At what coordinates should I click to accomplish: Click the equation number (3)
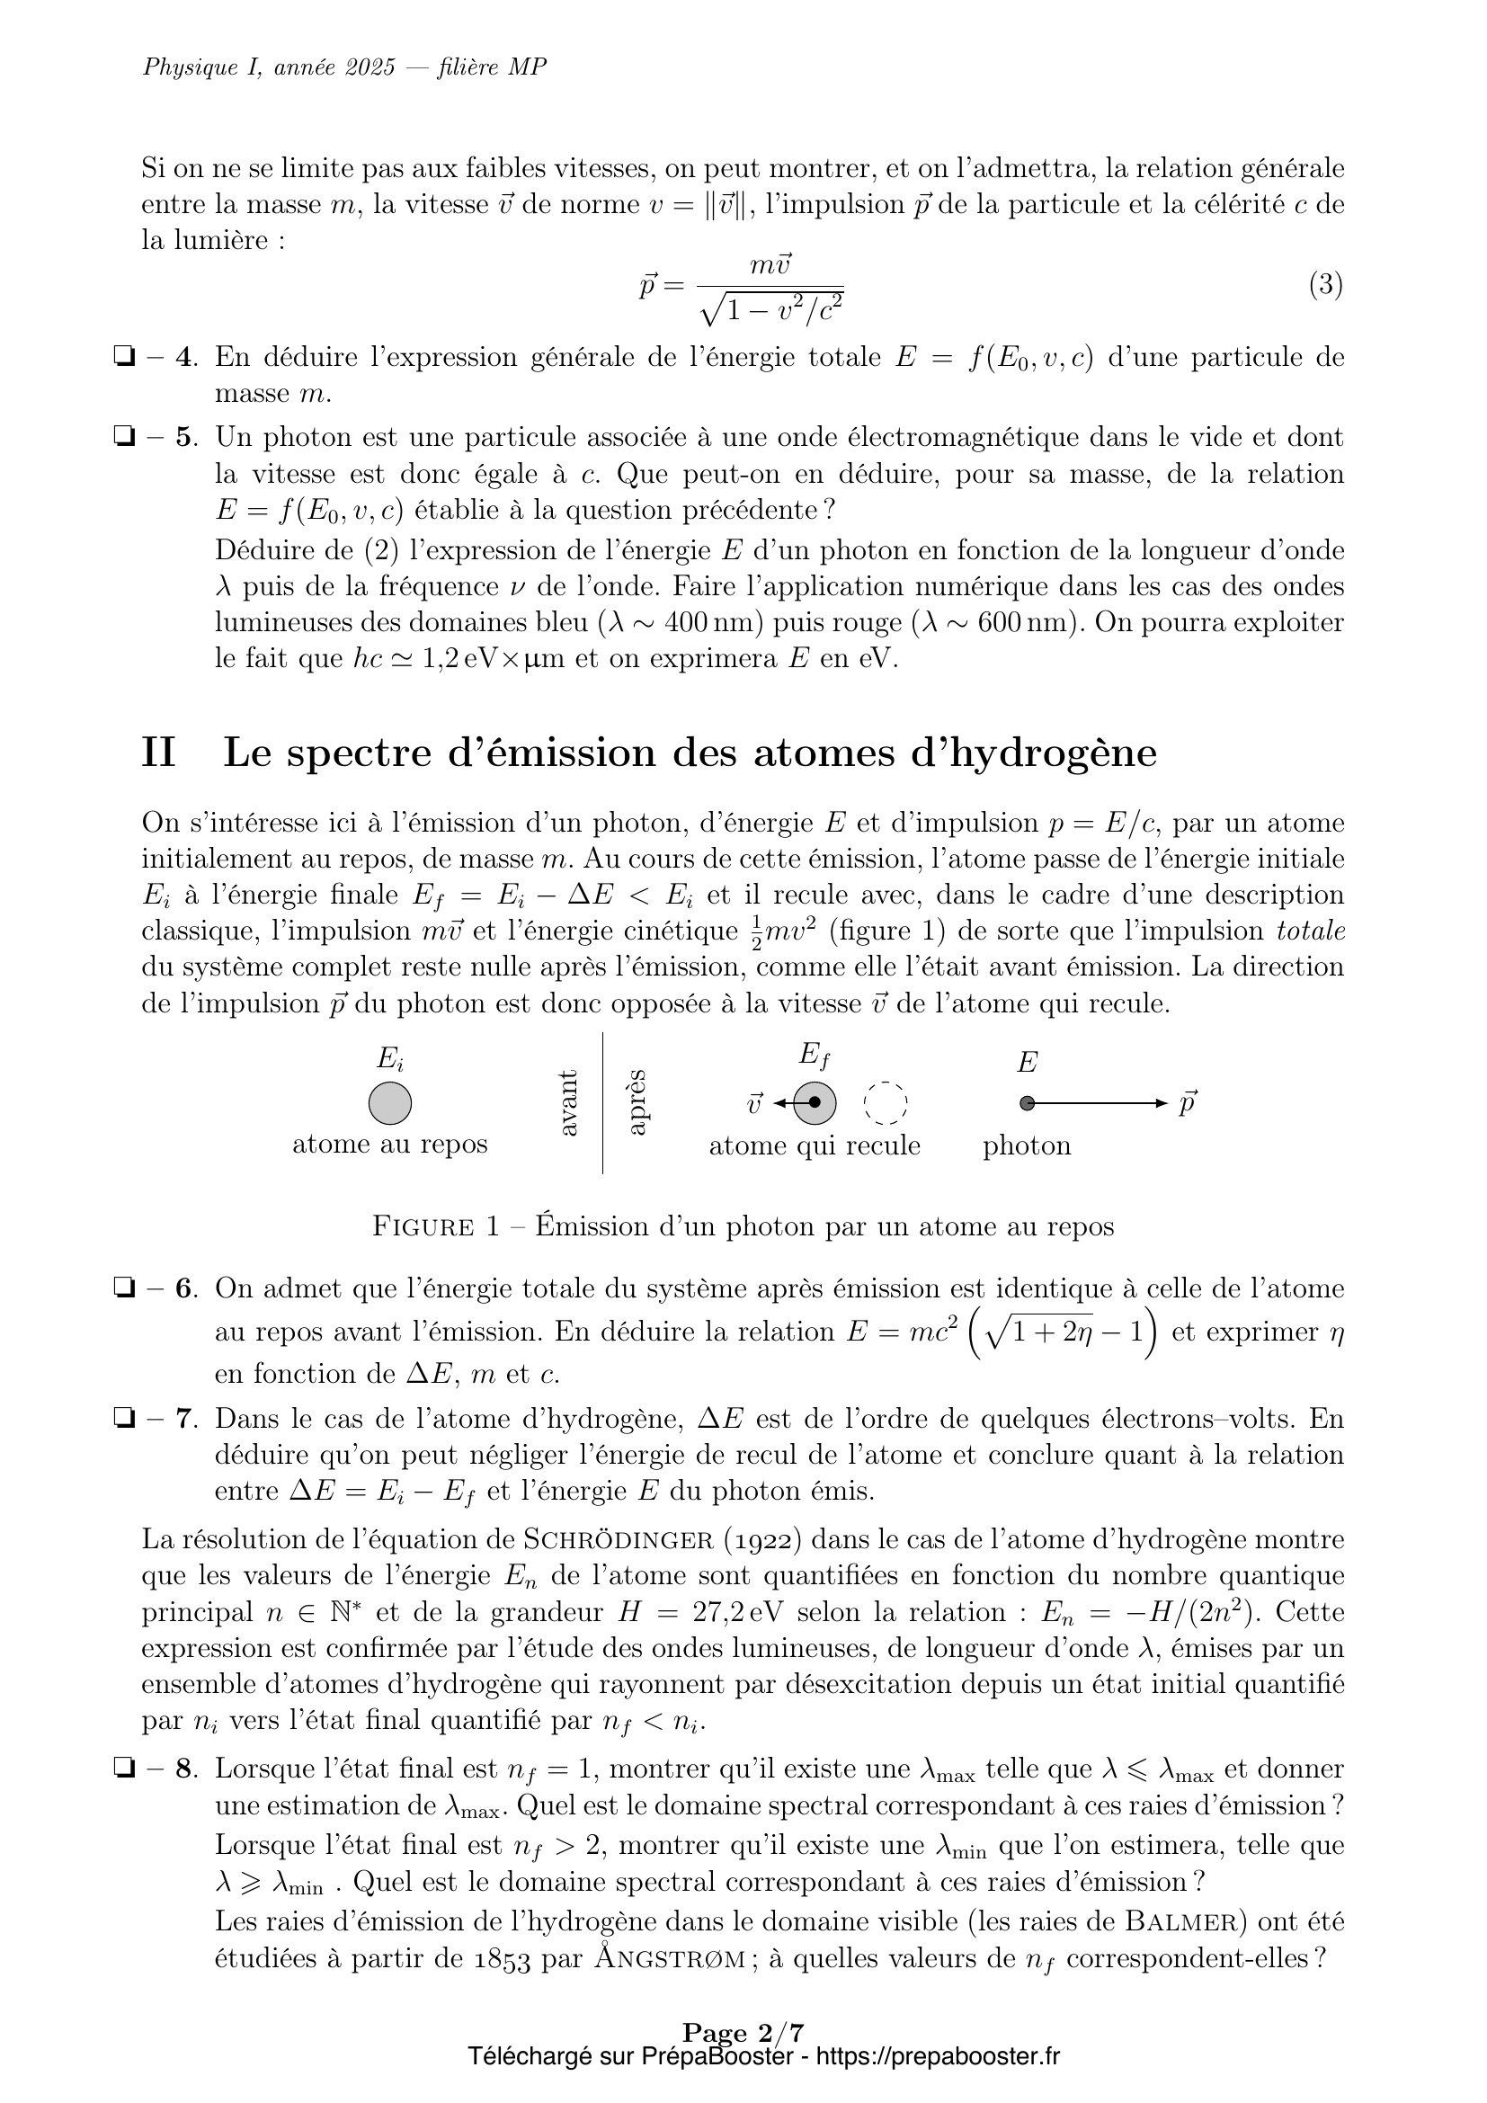1325,286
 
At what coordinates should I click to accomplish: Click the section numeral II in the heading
158,753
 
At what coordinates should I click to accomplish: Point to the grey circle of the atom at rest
390,1103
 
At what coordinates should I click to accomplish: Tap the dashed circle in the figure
886,1104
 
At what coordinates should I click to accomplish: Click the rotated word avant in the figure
567,1103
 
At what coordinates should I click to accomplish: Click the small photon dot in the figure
1028,1104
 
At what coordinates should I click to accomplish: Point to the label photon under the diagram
1027,1145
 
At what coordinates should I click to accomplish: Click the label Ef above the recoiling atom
814,1056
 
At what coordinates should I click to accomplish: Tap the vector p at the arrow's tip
1187,1103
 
